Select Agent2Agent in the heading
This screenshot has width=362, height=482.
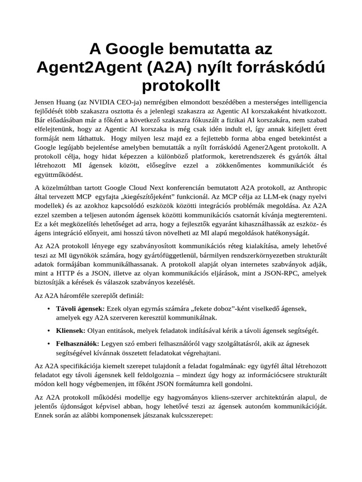click(x=88, y=67)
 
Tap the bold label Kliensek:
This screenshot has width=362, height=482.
click(x=71, y=331)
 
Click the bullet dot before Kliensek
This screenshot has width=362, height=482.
click(x=50, y=331)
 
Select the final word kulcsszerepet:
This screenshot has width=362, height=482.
click(x=189, y=416)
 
